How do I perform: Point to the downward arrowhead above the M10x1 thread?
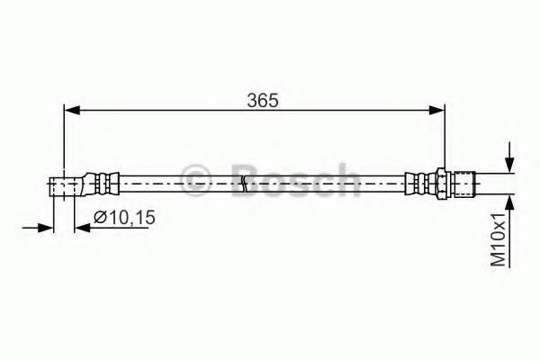point(510,164)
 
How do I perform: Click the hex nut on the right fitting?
point(441,184)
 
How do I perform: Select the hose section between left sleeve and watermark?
point(148,184)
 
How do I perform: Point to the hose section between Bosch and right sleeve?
point(382,184)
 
